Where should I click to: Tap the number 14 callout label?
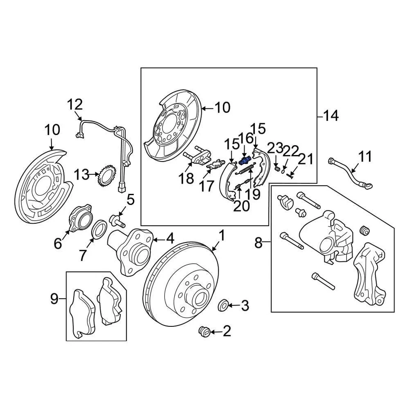(330, 115)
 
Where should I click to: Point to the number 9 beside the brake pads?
(55, 299)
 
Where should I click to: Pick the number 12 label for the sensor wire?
(75, 104)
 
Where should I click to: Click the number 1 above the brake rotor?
(222, 235)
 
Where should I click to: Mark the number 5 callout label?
(130, 199)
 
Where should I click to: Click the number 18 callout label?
(187, 179)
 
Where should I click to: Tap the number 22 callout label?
(291, 151)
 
